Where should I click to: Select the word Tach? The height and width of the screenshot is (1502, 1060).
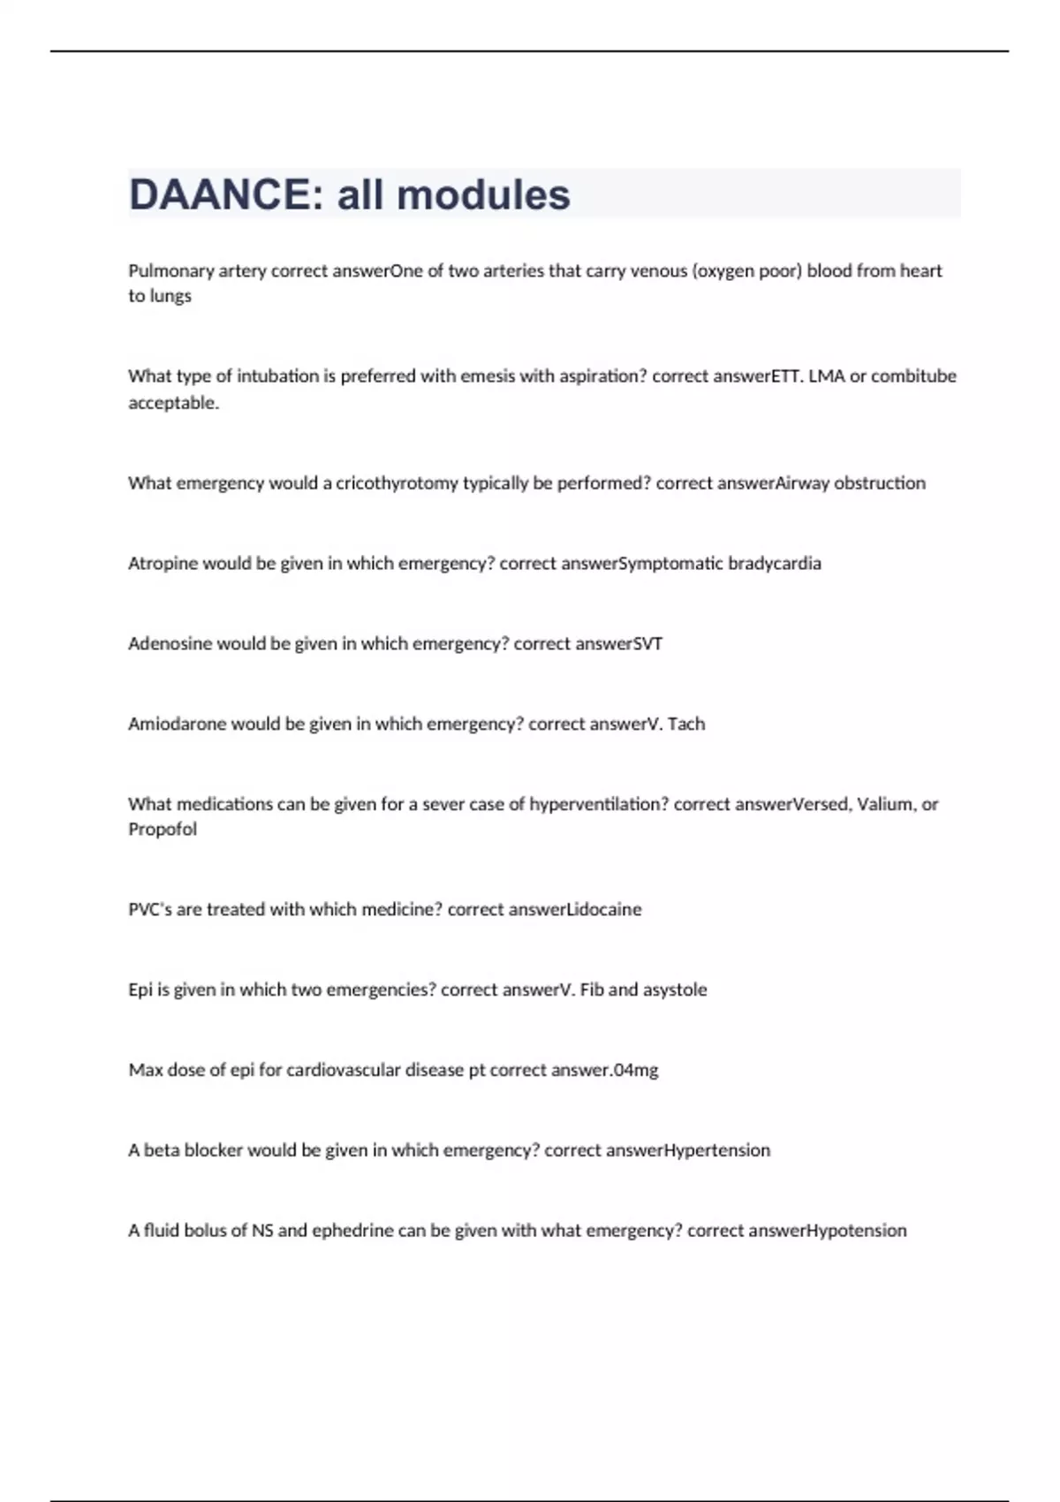[686, 724]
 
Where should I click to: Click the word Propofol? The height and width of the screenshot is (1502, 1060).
[163, 830]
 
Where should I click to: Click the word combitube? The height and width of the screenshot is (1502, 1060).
[913, 376]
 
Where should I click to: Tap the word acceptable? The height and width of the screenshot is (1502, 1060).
[173, 403]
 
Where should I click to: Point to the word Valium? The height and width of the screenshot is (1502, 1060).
[885, 804]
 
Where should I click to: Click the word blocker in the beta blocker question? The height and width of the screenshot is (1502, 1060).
[213, 1150]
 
